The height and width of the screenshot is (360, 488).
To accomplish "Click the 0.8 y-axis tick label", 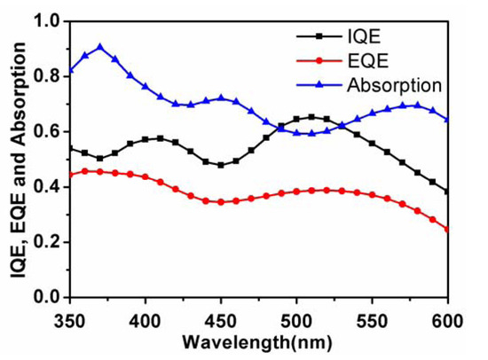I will click(x=50, y=76).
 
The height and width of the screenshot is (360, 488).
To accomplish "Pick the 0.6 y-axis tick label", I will click(x=50, y=131).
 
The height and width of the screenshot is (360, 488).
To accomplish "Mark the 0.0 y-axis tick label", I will click(x=50, y=297).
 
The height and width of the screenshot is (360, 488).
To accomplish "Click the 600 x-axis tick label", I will click(x=446, y=316).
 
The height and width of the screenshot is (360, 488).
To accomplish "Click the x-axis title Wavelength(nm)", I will click(x=258, y=340).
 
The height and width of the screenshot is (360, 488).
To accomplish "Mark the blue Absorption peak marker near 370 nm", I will click(x=100, y=47).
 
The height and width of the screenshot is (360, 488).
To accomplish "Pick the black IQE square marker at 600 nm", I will click(x=446, y=192).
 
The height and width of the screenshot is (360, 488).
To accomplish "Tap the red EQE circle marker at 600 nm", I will click(x=446, y=230).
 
